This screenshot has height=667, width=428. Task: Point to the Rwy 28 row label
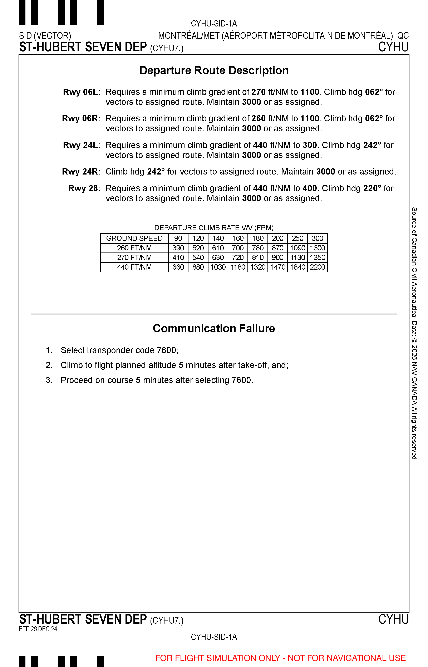tap(83, 188)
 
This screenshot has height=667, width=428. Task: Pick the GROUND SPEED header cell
tap(134, 239)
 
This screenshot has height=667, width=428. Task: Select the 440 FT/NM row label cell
tap(134, 267)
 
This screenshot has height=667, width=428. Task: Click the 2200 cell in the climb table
tap(317, 267)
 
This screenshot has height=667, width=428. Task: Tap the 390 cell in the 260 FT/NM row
tap(178, 248)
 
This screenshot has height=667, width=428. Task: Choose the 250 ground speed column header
tap(297, 239)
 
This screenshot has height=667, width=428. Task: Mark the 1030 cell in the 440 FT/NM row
tap(218, 267)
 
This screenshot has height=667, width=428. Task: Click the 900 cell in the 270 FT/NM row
tap(277, 258)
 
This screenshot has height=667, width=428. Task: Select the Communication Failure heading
tap(214, 329)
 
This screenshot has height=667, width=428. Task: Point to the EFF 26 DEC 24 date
tap(38, 629)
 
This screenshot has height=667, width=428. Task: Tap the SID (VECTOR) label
tap(45, 36)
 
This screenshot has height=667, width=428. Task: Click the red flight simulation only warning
tap(280, 658)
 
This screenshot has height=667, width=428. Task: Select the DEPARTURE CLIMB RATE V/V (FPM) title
tap(214, 228)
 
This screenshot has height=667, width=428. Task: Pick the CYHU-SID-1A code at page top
tap(214, 24)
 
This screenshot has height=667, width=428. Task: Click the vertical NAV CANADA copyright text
tap(414, 334)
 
